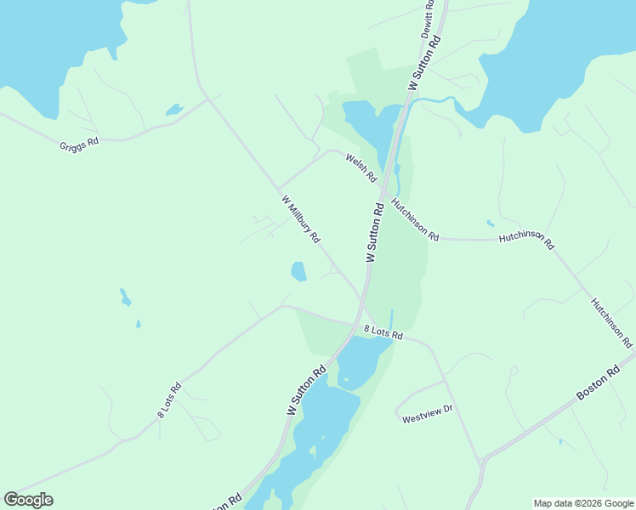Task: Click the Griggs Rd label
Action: coord(79,144)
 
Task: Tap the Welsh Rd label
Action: coord(361,167)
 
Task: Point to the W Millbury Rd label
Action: coord(300,220)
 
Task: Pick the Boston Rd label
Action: coord(599,383)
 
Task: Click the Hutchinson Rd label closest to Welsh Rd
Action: coord(415,219)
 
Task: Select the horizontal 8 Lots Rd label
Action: coord(383,332)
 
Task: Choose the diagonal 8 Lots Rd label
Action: coord(169,399)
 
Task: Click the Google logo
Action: coord(28,499)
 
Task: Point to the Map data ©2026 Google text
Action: coord(583,503)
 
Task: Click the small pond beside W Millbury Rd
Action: coord(298,271)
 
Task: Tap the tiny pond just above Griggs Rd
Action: coord(173,110)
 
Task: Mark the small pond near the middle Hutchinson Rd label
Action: coord(491,224)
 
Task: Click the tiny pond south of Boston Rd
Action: coord(559,441)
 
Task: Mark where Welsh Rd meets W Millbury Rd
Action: coord(279,189)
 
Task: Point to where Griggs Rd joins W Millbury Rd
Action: coord(209,99)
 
